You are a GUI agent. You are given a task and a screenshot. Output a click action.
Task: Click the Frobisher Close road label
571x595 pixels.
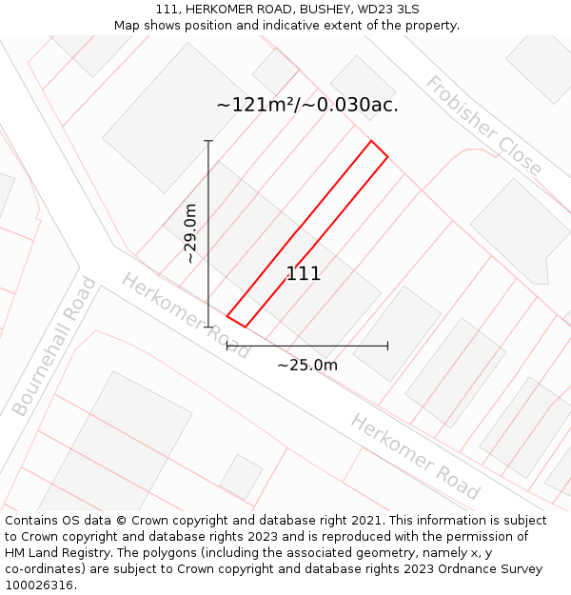(483, 127)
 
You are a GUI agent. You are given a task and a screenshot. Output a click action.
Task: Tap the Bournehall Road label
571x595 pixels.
(55, 347)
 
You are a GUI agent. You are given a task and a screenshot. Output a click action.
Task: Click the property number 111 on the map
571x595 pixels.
(304, 274)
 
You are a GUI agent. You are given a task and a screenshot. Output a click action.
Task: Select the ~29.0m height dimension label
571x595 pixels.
(190, 233)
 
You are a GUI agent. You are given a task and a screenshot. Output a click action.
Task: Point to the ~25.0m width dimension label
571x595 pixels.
(307, 365)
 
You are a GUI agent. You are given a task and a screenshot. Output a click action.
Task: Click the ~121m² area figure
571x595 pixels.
(255, 105)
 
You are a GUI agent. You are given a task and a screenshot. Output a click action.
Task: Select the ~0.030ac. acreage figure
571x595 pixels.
(351, 105)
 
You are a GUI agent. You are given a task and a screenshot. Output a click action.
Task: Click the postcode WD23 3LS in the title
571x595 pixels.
(388, 10)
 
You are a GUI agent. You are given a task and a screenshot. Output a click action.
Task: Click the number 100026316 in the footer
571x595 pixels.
(38, 585)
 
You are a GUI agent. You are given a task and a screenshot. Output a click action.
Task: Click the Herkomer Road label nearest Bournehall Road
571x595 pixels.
(185, 315)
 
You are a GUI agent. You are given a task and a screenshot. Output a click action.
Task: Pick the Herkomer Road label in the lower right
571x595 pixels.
(414, 456)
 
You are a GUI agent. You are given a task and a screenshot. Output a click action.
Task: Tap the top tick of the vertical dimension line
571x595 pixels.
(208, 141)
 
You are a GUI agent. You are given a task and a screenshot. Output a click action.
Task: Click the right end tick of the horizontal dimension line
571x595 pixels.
(387, 346)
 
